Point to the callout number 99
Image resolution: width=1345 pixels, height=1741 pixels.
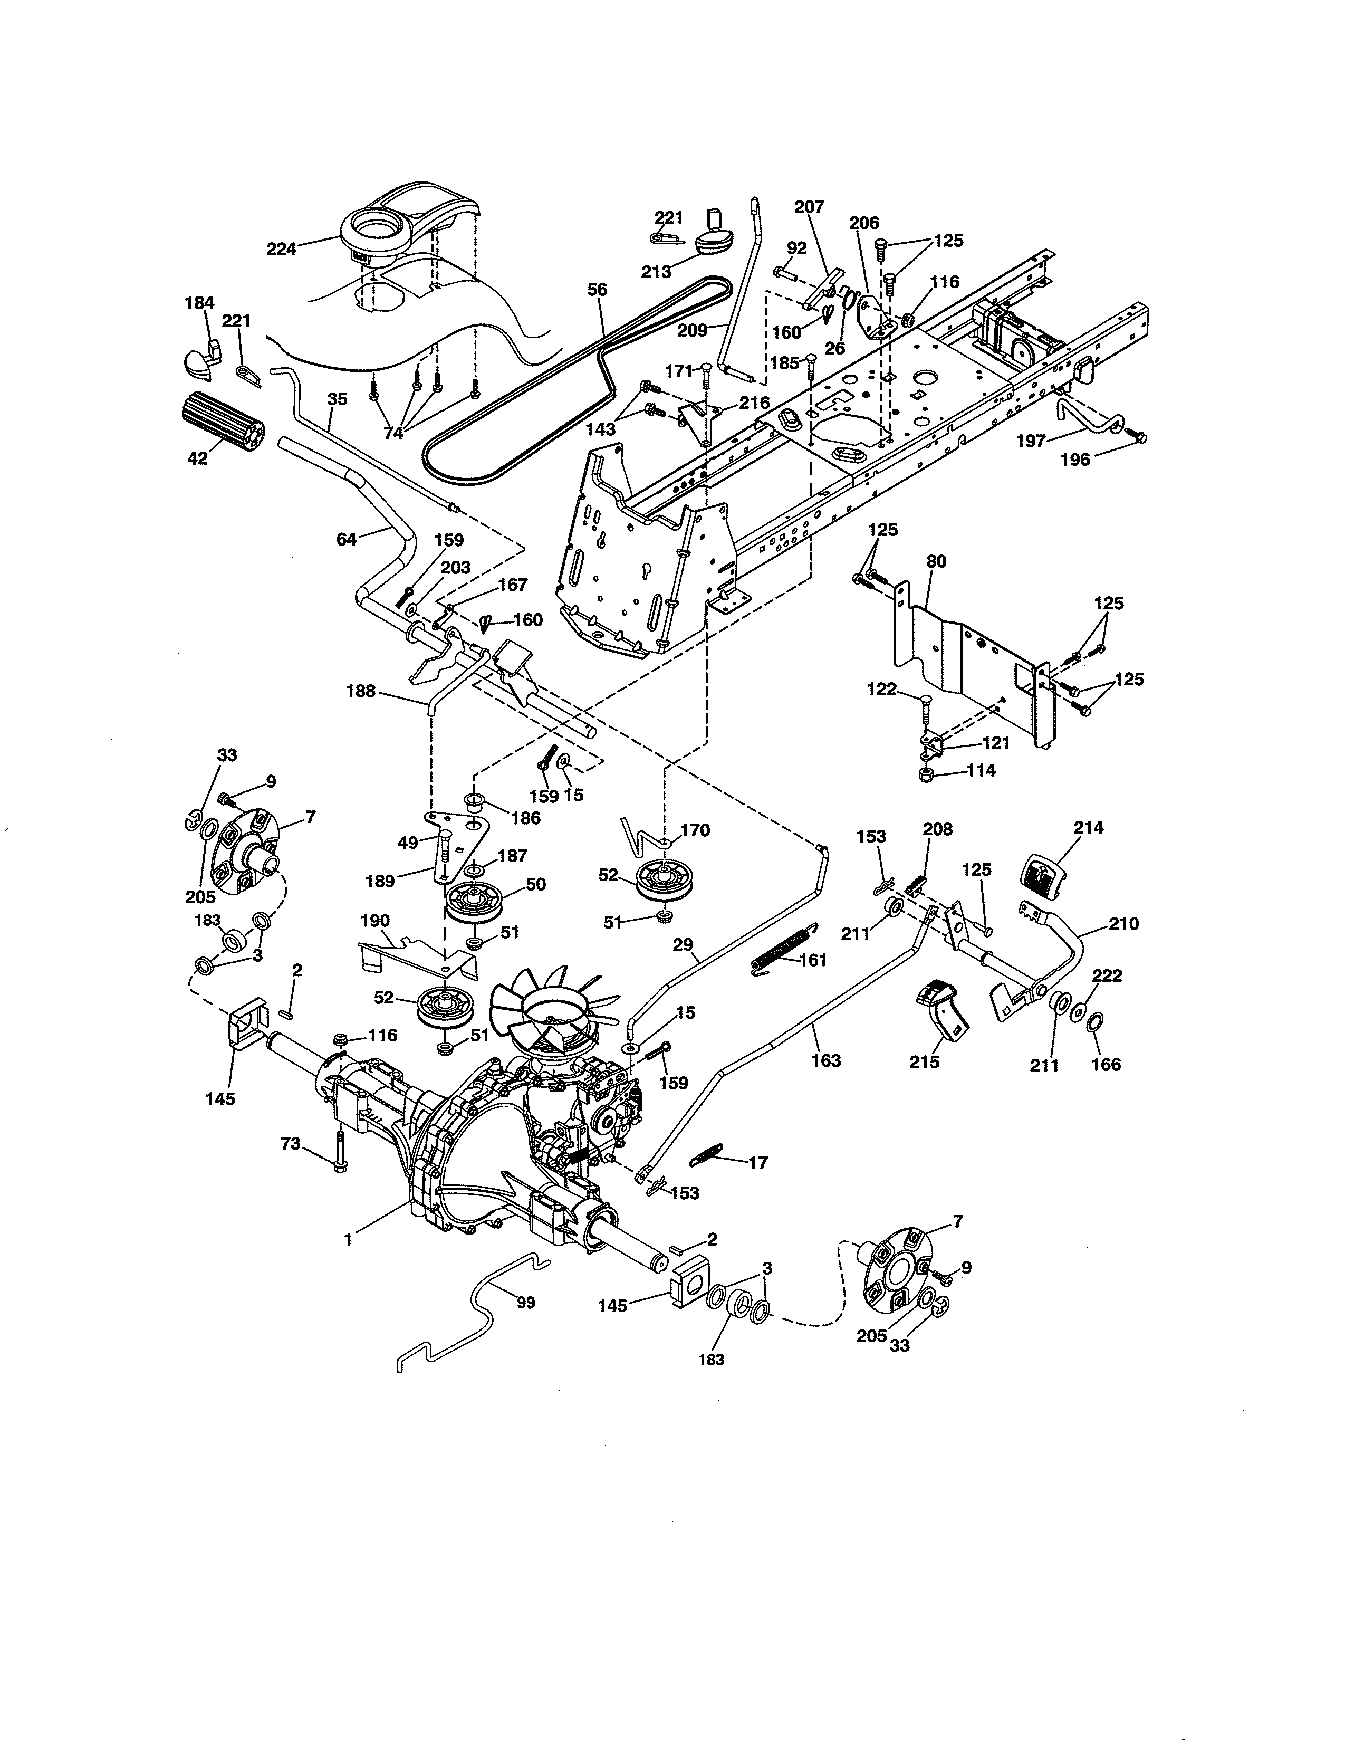526,1303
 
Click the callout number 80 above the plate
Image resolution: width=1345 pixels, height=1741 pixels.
936,561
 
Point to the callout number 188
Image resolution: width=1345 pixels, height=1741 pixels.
360,691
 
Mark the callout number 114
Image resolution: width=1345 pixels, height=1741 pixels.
982,771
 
